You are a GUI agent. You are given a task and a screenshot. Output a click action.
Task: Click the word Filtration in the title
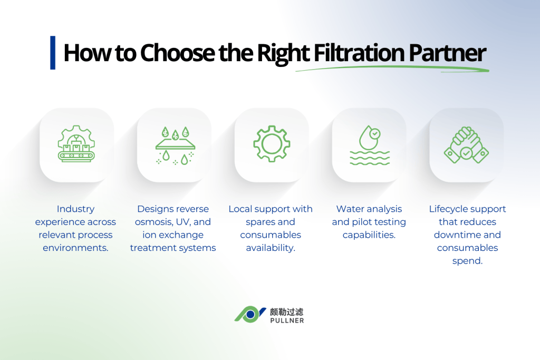(x=359, y=53)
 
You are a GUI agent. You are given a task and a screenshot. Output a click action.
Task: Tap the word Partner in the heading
(x=447, y=53)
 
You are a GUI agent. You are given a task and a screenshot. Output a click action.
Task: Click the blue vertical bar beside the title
(x=53, y=53)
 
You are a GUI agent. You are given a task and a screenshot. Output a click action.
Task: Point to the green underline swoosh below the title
(x=392, y=69)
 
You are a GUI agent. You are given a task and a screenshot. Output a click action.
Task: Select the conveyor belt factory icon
(x=76, y=143)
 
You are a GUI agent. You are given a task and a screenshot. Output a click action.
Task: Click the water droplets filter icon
(x=175, y=145)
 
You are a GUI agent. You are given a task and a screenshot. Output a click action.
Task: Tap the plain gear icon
(x=272, y=143)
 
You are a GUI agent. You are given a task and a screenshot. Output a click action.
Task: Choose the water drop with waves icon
(x=370, y=145)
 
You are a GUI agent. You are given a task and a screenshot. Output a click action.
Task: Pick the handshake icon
(x=466, y=145)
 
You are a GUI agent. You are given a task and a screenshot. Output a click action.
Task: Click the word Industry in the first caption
(x=75, y=209)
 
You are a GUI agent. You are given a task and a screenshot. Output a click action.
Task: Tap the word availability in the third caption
(x=271, y=248)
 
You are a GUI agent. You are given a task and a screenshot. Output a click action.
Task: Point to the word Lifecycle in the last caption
(x=449, y=209)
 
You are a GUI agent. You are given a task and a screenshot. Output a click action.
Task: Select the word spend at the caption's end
(x=467, y=261)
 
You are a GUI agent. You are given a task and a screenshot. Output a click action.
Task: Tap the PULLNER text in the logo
(x=287, y=320)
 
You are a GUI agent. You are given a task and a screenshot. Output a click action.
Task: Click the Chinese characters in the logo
(x=286, y=312)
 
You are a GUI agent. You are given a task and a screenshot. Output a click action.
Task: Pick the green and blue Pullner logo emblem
(x=250, y=314)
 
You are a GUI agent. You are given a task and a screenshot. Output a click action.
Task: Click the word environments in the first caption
(x=75, y=248)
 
